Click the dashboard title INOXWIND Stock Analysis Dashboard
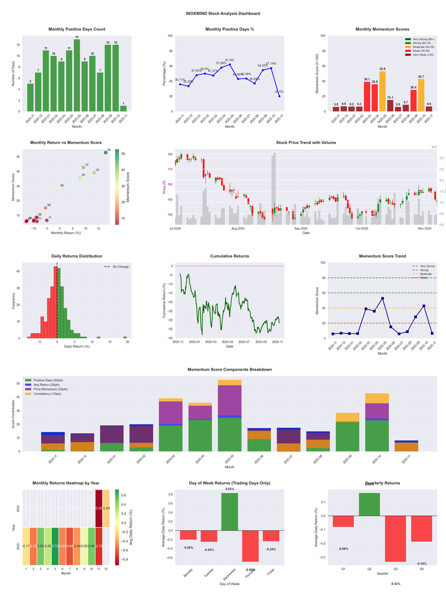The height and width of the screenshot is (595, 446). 223,13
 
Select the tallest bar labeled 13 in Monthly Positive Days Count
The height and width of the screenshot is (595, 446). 77,75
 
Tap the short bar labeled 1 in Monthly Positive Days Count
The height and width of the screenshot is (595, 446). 123,108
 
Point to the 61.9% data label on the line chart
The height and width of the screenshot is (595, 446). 230,60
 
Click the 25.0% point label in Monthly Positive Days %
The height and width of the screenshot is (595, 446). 279,92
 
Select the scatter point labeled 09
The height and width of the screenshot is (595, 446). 58,189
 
